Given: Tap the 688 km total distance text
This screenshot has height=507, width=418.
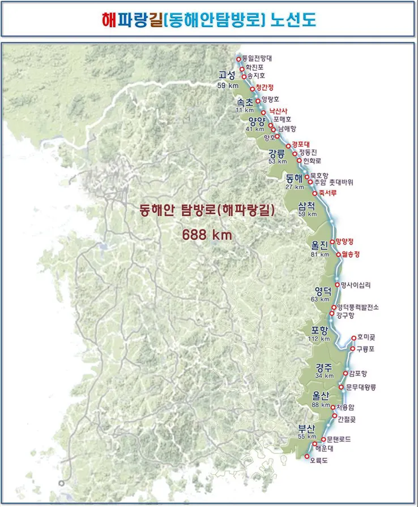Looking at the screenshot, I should [x=207, y=234].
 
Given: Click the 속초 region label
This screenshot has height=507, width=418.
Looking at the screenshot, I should [x=245, y=102].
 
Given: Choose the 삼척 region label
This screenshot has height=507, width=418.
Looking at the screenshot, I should [x=308, y=206].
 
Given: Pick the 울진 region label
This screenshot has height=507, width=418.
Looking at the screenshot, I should [x=320, y=246].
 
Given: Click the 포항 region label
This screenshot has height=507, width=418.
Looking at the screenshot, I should [x=321, y=331].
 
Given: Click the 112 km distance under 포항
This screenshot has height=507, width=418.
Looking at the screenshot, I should [x=319, y=339].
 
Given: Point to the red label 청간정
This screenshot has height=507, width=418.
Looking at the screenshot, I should [x=265, y=87].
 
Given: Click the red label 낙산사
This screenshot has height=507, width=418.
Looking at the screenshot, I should [x=279, y=111].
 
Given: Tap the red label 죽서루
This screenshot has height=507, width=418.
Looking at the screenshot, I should [x=327, y=193].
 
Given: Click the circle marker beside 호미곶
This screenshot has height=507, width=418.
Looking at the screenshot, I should [x=353, y=338].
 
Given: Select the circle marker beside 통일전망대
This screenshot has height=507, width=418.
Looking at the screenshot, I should [x=238, y=59].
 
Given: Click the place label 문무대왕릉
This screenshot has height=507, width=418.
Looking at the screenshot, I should [x=361, y=387].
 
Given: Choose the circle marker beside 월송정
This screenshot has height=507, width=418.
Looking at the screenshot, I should [x=339, y=254].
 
